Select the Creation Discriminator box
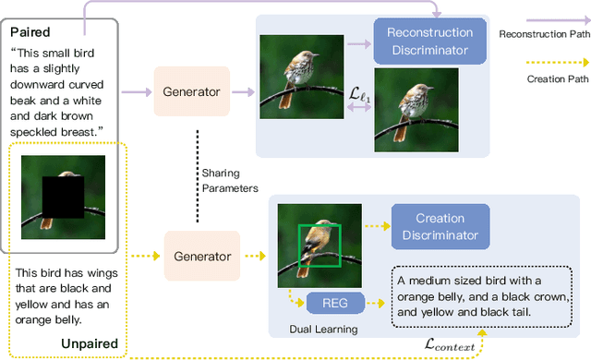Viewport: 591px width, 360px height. [440, 226]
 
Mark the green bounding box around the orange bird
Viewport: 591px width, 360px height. [320, 246]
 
